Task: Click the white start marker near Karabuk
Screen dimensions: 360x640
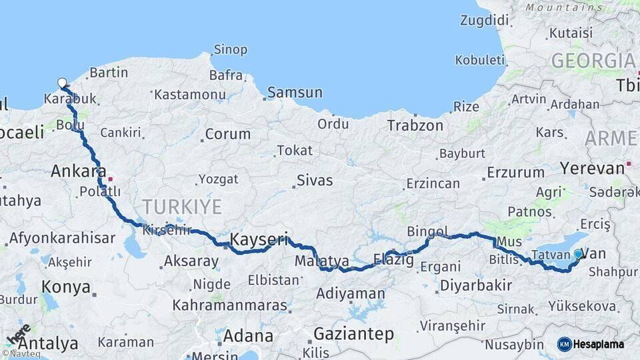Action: point(62,83)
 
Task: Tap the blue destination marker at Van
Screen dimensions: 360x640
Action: point(578,253)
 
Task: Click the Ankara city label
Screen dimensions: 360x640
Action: point(79,171)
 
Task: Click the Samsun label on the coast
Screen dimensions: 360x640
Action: point(295,93)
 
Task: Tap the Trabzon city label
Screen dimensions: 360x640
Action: point(415,125)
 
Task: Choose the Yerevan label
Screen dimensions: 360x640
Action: point(592,167)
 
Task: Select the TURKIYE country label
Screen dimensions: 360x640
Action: point(181,206)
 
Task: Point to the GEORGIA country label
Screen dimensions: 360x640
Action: point(593,61)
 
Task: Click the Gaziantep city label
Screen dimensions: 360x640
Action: point(353,333)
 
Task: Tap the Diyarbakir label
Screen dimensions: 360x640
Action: point(476,286)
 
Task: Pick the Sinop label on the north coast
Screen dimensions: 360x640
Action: point(230,49)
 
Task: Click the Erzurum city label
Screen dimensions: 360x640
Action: point(515,172)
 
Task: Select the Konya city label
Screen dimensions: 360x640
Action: point(65,287)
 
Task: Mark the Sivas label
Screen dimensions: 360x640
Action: point(315,181)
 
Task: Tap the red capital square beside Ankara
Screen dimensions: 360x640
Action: point(111,179)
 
